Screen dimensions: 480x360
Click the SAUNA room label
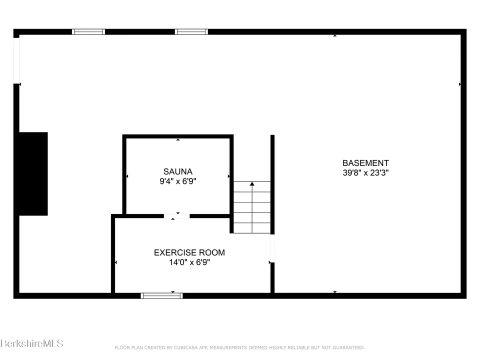tap(177, 171)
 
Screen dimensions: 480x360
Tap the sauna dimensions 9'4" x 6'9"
tap(177, 181)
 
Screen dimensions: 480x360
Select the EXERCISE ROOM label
tap(189, 252)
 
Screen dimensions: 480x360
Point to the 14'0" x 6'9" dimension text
tap(189, 262)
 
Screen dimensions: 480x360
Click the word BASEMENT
tap(365, 163)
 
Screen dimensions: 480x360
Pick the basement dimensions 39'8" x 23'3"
tap(365, 172)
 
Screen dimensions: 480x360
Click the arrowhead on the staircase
tap(252, 183)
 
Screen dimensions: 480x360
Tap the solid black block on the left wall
tap(33, 174)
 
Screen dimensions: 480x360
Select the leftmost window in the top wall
tap(88, 32)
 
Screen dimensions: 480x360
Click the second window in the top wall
tap(191, 32)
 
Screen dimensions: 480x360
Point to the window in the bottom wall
tap(161, 295)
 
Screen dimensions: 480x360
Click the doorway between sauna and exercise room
tap(176, 216)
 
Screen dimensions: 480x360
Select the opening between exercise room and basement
tap(272, 248)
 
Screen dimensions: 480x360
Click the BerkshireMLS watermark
tap(32, 343)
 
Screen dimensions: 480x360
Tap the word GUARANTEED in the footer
tap(348, 347)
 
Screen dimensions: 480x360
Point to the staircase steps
tap(252, 207)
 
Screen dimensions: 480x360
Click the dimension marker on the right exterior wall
tap(460, 84)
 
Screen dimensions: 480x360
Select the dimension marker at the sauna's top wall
tap(178, 139)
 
